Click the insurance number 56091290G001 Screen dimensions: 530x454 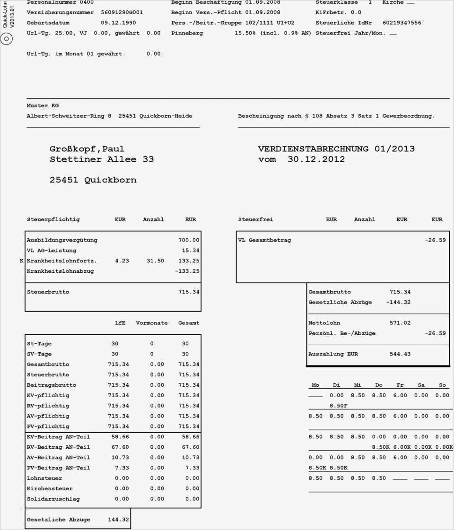(122, 12)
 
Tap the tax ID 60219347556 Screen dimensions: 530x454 (402, 23)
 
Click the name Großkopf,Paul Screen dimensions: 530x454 (87, 149)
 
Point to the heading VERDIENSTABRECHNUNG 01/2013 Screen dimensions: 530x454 (336, 149)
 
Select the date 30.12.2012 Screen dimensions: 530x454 (316, 159)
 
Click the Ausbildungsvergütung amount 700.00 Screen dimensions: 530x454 (189, 240)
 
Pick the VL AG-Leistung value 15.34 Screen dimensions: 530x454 (191, 251)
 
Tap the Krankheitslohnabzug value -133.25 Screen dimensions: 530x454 (187, 271)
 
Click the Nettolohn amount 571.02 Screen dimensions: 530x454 (400, 323)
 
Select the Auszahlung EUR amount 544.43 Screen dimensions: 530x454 (400, 354)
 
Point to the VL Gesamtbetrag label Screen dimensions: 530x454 (264, 240)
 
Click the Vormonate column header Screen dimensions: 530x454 (151, 323)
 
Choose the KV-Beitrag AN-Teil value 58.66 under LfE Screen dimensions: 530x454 (118, 437)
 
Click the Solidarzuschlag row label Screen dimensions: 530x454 (53, 499)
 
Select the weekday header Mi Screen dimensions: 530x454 (358, 385)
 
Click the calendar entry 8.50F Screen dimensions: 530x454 (339, 406)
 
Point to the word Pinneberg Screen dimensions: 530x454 (187, 33)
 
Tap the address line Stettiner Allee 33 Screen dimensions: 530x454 (102, 159)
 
